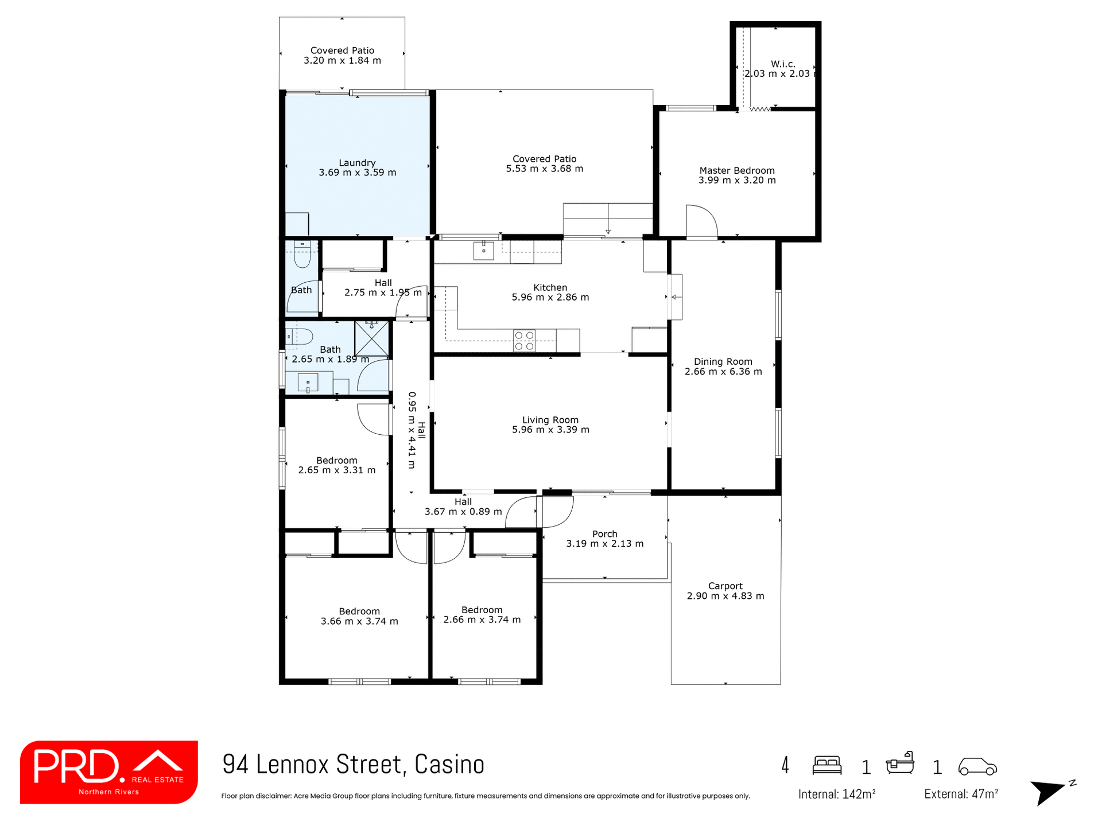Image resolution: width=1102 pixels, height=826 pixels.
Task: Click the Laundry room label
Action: [x=357, y=163]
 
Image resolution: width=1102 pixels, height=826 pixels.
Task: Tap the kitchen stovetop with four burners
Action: [x=524, y=341]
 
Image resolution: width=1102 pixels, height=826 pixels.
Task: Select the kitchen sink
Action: [x=483, y=251]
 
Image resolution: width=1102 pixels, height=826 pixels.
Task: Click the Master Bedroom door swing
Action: [x=701, y=221]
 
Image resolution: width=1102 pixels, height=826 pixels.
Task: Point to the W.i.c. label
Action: [x=783, y=64]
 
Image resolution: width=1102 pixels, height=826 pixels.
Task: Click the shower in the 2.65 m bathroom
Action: [x=371, y=339]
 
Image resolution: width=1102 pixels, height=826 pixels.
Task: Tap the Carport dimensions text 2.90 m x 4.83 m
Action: [x=725, y=596]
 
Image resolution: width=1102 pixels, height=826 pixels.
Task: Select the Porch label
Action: [x=605, y=534]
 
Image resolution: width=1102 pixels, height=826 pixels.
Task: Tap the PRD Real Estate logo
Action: [x=109, y=772]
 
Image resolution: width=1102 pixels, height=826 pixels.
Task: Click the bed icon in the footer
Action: [x=827, y=766]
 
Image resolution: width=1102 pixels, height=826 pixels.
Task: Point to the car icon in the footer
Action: [x=977, y=766]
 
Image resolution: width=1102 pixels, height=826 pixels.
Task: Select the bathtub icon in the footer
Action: [x=900, y=764]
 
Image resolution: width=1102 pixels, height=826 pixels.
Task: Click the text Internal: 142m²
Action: [x=836, y=794]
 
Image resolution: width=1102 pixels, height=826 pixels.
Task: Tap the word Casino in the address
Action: [x=449, y=765]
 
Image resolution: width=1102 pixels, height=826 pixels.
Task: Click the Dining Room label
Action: [x=723, y=362]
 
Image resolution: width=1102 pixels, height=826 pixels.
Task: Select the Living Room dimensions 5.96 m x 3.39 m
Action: [x=550, y=430]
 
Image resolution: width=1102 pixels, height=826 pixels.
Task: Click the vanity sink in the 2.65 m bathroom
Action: [x=308, y=383]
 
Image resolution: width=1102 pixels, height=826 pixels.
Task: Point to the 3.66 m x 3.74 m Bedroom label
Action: [x=359, y=616]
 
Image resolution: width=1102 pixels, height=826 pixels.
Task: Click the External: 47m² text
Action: [x=961, y=794]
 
